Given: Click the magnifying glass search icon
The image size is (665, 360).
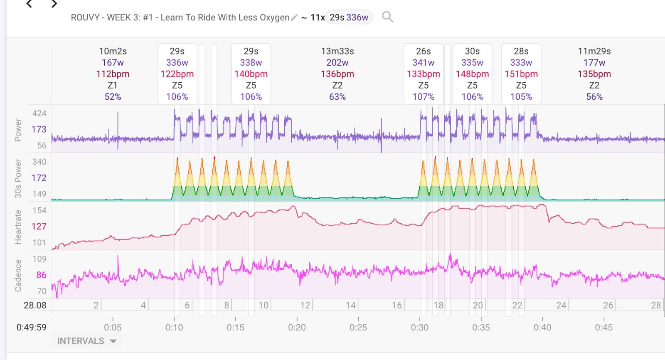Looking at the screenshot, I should click(387, 17).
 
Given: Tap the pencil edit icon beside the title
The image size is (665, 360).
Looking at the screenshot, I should click(294, 17).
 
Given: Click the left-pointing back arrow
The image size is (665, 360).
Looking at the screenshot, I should click(29, 4).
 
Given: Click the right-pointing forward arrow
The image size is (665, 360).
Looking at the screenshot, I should click(54, 4).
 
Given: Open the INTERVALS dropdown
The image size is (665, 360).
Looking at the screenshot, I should click(86, 341).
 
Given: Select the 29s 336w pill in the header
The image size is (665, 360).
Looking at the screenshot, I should click(349, 17).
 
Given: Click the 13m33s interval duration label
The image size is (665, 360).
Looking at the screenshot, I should click(337, 51).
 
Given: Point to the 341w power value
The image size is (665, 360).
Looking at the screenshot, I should click(423, 62).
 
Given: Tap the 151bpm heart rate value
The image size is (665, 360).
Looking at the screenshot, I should click(521, 74).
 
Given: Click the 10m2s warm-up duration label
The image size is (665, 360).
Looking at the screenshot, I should click(113, 51).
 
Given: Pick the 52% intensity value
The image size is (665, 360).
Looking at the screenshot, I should click(113, 96).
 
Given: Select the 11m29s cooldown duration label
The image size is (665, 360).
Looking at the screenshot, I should click(594, 51).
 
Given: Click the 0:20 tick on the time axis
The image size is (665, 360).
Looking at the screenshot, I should click(297, 327).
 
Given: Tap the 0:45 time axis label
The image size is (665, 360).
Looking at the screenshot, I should click(603, 327).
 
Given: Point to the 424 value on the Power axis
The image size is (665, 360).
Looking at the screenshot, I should click(39, 113).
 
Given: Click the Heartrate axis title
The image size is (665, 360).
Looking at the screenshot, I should click(18, 227).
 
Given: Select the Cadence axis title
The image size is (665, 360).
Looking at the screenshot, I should click(18, 275).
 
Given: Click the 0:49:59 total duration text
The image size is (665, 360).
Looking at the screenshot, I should click(32, 327).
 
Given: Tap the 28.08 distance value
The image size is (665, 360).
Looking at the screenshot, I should click(35, 305).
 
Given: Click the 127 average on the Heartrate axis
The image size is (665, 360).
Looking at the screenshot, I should click(39, 226).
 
